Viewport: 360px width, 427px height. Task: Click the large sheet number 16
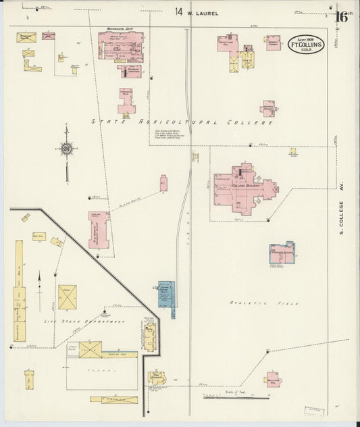(x=342, y=16)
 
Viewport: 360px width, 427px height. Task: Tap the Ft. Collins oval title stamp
(x=306, y=45)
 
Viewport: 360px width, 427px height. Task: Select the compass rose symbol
(x=67, y=149)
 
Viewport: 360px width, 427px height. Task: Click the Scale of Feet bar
(x=230, y=397)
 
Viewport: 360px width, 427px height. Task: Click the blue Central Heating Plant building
(x=166, y=294)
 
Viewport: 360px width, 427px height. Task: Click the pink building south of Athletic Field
(x=272, y=379)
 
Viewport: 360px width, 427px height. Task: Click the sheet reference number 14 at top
(x=178, y=11)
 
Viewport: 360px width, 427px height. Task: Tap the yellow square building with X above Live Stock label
(x=67, y=295)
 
